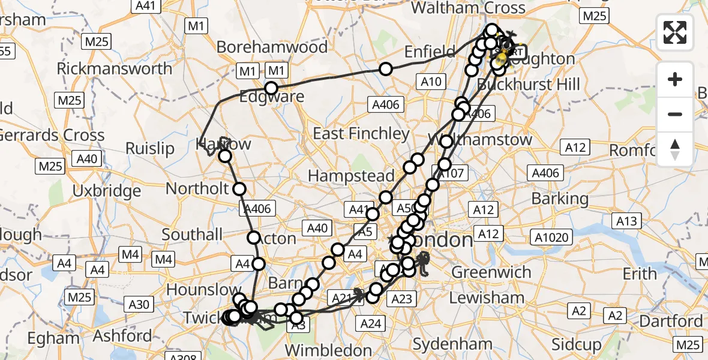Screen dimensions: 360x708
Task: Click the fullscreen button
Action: [675, 32]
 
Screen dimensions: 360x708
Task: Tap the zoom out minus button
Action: [675, 114]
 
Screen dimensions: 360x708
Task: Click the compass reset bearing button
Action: [675, 149]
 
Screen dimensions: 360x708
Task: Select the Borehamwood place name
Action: [272, 47]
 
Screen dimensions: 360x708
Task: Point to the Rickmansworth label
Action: [114, 68]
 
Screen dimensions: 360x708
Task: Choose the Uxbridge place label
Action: [106, 191]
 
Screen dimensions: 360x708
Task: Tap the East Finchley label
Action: [361, 133]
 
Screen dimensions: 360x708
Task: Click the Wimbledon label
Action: [329, 349]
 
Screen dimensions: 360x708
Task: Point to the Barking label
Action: [560, 199]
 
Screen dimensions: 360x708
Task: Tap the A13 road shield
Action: [626, 221]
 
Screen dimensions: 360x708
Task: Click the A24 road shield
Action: [371, 323]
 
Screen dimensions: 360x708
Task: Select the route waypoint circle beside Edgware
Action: [272, 89]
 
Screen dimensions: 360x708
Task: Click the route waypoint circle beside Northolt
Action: [239, 189]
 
